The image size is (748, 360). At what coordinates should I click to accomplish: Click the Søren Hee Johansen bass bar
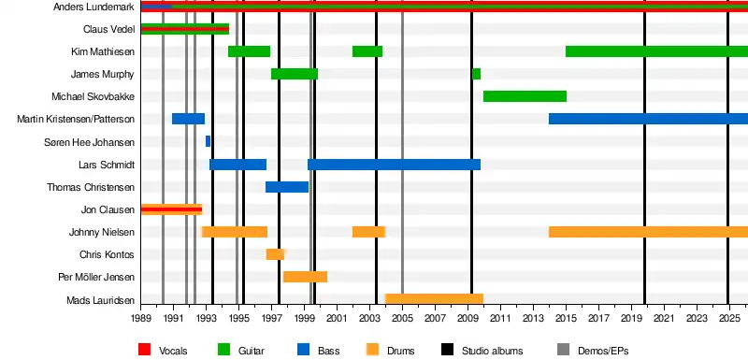click(208, 141)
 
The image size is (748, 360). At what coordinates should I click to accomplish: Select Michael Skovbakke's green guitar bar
click(525, 96)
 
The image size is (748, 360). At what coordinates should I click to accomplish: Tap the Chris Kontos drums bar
click(275, 254)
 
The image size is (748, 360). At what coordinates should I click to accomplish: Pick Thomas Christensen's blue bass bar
click(287, 187)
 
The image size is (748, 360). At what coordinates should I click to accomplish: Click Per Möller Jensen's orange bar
click(306, 277)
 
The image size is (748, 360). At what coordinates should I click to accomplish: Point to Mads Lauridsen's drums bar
click(434, 299)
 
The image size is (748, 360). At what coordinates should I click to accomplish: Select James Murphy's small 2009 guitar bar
click(476, 74)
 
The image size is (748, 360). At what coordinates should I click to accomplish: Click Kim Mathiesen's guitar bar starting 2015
click(657, 51)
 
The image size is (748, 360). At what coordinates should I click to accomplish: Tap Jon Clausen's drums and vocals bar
click(172, 209)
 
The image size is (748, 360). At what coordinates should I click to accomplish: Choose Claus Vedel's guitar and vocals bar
click(185, 29)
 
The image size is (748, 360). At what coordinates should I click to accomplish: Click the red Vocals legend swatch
click(144, 350)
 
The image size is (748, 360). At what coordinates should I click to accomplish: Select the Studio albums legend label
click(493, 351)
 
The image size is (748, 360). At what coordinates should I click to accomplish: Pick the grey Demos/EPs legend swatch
click(564, 350)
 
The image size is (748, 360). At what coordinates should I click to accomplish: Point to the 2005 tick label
click(402, 318)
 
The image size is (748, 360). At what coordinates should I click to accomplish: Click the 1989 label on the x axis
click(141, 318)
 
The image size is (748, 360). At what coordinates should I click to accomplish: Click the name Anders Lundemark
click(93, 7)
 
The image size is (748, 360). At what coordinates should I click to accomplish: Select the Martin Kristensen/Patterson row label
click(76, 119)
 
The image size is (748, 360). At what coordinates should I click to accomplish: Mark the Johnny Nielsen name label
click(102, 232)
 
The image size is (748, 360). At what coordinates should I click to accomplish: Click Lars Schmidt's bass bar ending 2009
click(394, 165)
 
